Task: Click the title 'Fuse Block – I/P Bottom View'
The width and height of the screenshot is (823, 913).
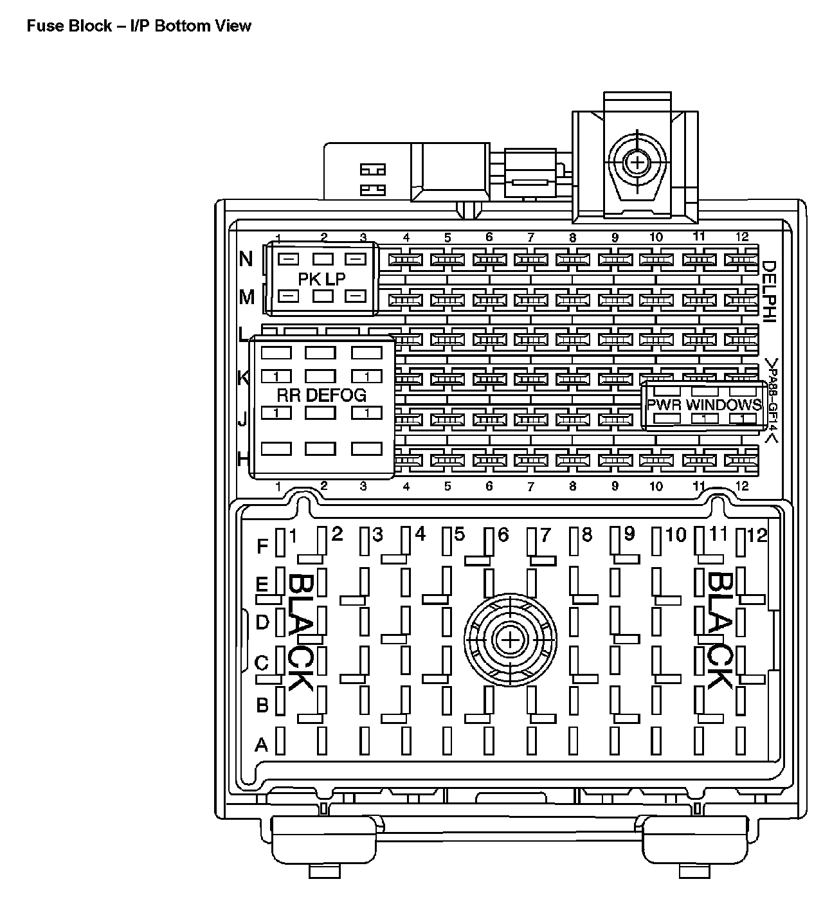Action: coord(139,26)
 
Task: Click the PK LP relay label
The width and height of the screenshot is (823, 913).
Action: coord(321,278)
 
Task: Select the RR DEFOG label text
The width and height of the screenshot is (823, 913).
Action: coord(321,395)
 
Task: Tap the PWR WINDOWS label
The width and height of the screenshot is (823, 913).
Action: coord(704,405)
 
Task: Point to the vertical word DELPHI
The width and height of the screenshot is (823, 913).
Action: coord(769,289)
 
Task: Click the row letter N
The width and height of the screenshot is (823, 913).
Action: coord(246,258)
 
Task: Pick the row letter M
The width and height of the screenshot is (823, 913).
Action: coord(246,297)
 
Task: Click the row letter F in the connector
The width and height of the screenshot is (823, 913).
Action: coord(262,547)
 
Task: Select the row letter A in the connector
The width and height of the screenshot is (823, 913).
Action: coord(261,745)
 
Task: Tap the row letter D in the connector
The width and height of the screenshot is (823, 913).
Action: coord(262,622)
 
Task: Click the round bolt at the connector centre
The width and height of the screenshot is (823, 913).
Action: coord(510,640)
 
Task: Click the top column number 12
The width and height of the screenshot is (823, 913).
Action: coord(741,237)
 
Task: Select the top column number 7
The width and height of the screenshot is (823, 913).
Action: coord(530,237)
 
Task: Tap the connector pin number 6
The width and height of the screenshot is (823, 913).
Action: coord(503,535)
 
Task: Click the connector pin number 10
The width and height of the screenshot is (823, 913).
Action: coord(676,535)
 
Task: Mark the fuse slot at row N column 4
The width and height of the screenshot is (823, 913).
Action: coord(406,260)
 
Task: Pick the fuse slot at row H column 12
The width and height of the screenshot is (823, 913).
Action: coord(741,460)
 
